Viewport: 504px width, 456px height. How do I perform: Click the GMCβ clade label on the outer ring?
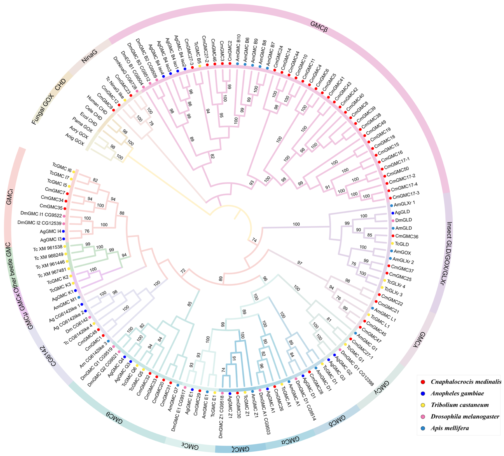(x=319, y=27)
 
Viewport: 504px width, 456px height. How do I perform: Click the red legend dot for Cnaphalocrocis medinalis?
(x=423, y=382)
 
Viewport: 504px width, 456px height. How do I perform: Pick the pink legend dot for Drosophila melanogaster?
(x=423, y=416)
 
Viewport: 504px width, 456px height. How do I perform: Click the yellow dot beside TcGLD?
(x=392, y=243)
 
